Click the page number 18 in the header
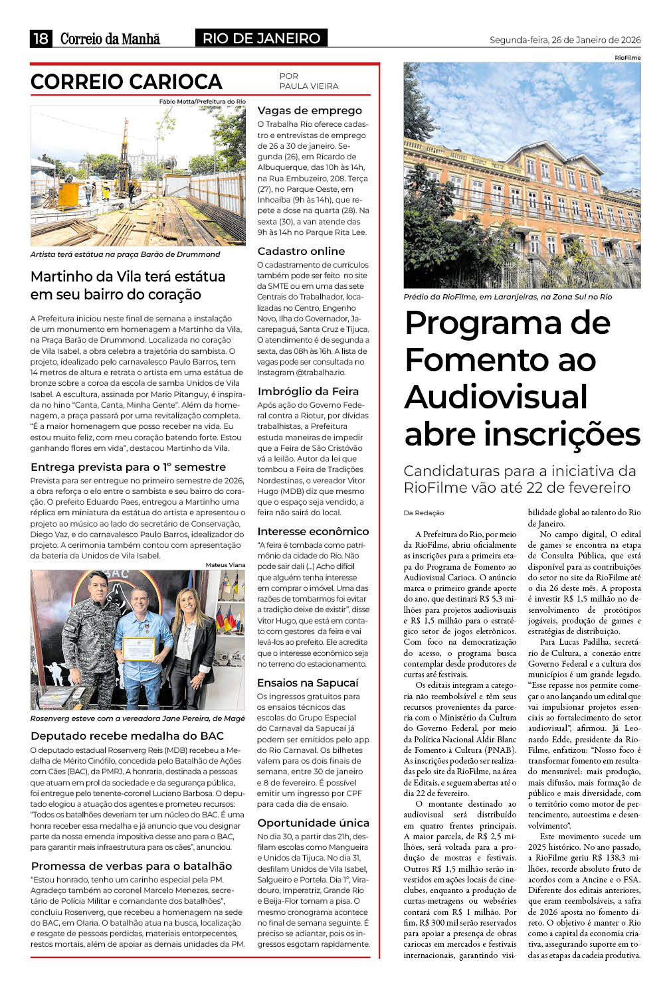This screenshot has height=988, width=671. pos(41,39)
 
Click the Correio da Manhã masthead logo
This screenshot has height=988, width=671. pos(110,39)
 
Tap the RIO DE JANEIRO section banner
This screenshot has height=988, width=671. pos(261,39)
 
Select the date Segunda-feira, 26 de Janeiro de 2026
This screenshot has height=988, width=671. pos(565,40)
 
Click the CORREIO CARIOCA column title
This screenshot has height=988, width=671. pos(126,82)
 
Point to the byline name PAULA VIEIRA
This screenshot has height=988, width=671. pos(309,86)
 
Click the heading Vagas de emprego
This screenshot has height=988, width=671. pos(310,110)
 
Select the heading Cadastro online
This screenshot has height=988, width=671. pos(301,251)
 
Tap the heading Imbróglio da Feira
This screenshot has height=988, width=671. pos(308,391)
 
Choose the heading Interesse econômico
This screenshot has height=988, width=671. pos(313,531)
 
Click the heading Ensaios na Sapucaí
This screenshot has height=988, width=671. pos(308,683)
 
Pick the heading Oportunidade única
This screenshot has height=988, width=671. pos(313,823)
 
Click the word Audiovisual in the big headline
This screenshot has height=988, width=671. pos(496,397)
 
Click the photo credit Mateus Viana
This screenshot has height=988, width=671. pos(225,565)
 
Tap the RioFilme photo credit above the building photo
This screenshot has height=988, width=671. pos(627,58)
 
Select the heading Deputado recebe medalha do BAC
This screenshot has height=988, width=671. pos(127,736)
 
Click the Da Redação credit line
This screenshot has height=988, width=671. pos(423,513)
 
